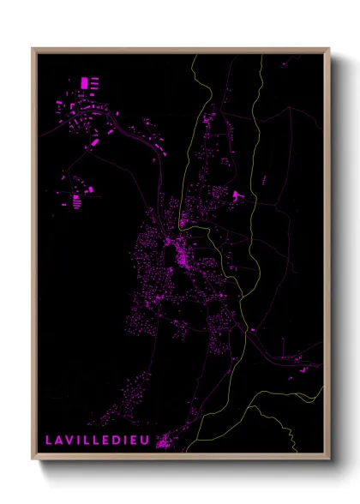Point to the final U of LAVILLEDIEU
pos(148,440)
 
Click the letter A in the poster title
pos(57,440)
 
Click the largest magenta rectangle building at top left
pos(84,82)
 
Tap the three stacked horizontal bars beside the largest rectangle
pos(94,83)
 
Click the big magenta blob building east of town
pos(233,196)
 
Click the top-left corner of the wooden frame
pos(33,49)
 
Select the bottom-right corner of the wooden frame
pos(328,460)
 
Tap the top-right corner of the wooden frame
pos(328,49)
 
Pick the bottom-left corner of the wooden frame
pos(33,460)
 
